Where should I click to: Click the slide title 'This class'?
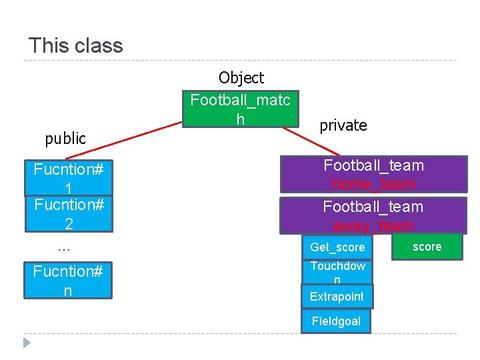coord(76,46)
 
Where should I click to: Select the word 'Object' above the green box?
coord(241,78)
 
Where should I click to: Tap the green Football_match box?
coord(241,109)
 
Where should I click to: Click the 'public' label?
coord(65,139)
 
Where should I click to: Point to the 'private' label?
coord(343,125)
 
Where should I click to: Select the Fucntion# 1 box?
coord(68,177)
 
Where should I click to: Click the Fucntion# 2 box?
coord(68,214)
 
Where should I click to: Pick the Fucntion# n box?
coord(68,281)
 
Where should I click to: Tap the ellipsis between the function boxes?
coord(64,248)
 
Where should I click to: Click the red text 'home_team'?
coord(373,184)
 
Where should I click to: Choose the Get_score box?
coord(337,247)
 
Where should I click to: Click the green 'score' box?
coord(427,247)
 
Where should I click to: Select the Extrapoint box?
coord(337,297)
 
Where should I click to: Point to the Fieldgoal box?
coord(336,321)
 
